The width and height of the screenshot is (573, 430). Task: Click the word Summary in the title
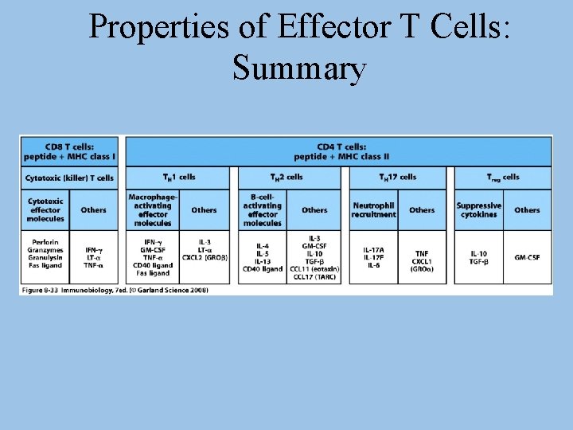[x=299, y=68]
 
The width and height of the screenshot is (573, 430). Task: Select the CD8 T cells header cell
[x=70, y=150]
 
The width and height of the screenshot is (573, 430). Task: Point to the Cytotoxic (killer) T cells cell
[x=70, y=178]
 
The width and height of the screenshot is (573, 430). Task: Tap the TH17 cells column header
[x=397, y=177]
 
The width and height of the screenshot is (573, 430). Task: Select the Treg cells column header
[x=503, y=177]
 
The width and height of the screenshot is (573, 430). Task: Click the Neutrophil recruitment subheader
[x=373, y=210]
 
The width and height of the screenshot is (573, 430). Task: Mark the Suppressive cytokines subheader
[x=478, y=210]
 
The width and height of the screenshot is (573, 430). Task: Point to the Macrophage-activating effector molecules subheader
[x=152, y=210]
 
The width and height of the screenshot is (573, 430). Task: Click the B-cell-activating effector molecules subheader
[x=263, y=210]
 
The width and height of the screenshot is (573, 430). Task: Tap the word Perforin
[x=45, y=242]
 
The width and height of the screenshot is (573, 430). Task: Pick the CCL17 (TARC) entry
[x=314, y=277]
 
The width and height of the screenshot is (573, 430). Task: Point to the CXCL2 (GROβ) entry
[x=204, y=257]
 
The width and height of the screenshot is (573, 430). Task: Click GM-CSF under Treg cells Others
[x=527, y=257]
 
